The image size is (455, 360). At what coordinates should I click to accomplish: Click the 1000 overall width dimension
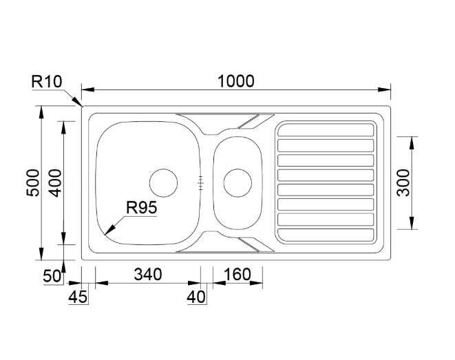[235, 81]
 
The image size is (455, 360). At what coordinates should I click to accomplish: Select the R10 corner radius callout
[46, 81]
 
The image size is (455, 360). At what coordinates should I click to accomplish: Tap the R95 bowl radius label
[142, 207]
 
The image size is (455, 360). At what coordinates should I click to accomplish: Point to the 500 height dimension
[32, 183]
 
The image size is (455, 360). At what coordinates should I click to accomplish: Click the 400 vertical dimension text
[55, 183]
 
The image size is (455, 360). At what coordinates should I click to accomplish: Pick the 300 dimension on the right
[403, 183]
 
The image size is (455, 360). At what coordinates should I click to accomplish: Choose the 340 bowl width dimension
[148, 274]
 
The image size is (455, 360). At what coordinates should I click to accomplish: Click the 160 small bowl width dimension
[237, 274]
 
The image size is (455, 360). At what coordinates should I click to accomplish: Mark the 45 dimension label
[78, 297]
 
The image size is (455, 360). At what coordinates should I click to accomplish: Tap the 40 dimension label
[196, 297]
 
